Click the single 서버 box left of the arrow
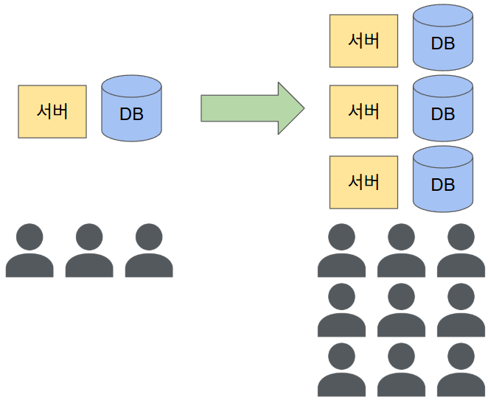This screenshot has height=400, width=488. click(x=52, y=111)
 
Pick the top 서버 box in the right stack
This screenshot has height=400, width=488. click(x=363, y=41)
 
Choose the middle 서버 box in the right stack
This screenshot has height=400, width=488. click(x=363, y=111)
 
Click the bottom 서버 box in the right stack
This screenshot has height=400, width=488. click(x=363, y=181)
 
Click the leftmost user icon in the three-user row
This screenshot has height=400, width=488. click(x=29, y=252)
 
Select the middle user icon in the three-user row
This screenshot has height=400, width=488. click(x=89, y=252)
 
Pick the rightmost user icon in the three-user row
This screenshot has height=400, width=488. click(x=149, y=252)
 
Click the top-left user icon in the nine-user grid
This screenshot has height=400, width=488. click(x=342, y=252)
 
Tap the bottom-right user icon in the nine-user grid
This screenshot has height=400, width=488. click(x=461, y=371)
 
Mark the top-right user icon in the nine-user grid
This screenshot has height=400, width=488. click(x=461, y=252)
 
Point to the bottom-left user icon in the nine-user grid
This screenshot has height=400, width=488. click(x=342, y=371)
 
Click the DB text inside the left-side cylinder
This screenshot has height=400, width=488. click(x=131, y=114)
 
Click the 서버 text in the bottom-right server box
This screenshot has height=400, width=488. click(x=363, y=181)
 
